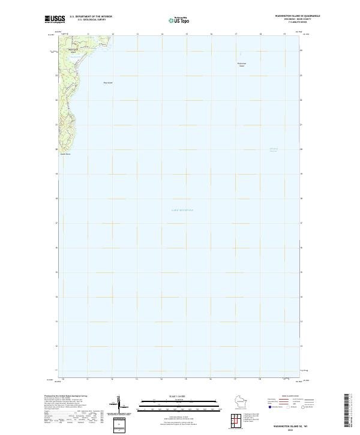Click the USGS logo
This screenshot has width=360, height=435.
[x=55, y=20]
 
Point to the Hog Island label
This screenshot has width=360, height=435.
[x=108, y=82]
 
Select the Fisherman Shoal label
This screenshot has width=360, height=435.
[x=242, y=64]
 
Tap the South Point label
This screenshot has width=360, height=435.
[x=65, y=154]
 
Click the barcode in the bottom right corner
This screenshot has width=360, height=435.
[x=346, y=413]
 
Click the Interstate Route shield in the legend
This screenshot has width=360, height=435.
[x=270, y=407]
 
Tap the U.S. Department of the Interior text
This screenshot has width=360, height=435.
[x=91, y=16]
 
